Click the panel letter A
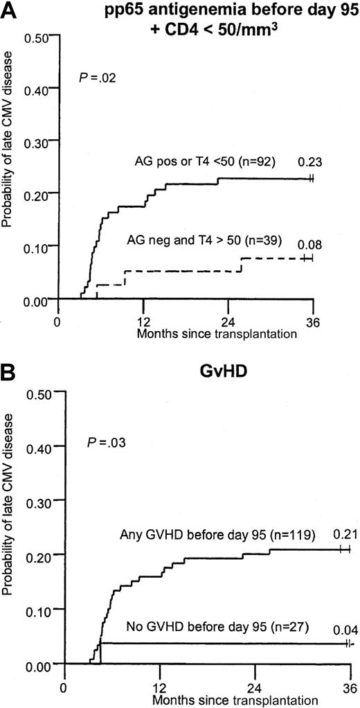[9, 10]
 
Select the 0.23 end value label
[307, 163]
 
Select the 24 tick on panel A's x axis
[228, 321]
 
